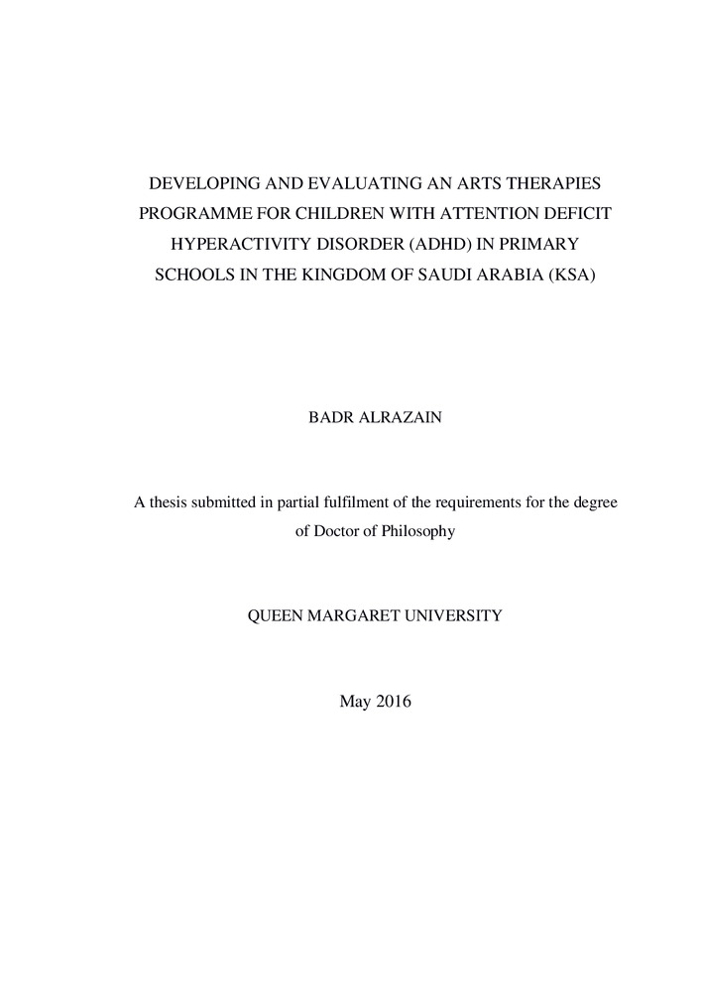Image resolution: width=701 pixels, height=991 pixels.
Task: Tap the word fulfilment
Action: coord(333,502)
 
